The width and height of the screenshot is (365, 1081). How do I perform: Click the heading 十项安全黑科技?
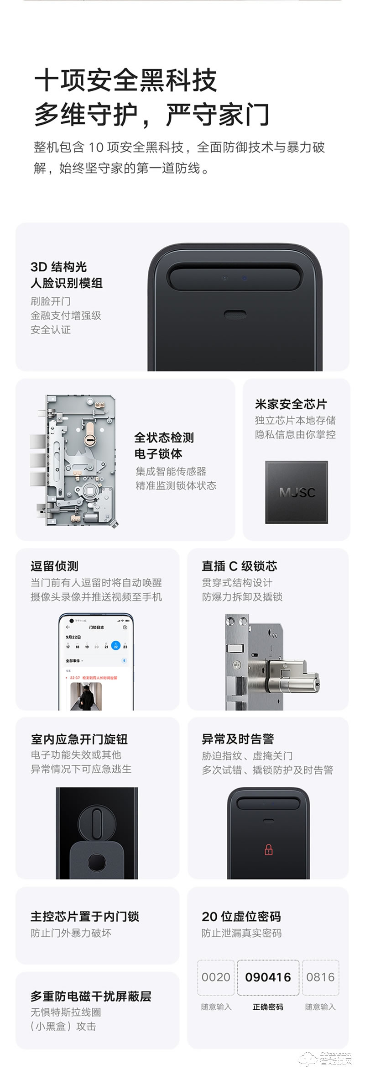pyautogui.click(x=125, y=81)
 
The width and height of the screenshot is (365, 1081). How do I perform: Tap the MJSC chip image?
pyautogui.click(x=297, y=492)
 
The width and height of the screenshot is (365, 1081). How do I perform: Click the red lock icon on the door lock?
pyautogui.click(x=268, y=849)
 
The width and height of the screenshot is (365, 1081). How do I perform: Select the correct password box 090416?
pyautogui.click(x=268, y=977)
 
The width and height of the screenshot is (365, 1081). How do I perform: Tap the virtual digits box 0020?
pyautogui.click(x=216, y=977)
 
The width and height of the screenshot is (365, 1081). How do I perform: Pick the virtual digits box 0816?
pyautogui.click(x=320, y=977)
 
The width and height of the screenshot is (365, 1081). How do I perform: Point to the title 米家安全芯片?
pyautogui.click(x=291, y=404)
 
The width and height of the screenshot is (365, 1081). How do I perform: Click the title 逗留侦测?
pyautogui.click(x=54, y=566)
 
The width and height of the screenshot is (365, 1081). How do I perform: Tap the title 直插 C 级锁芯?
pyautogui.click(x=239, y=566)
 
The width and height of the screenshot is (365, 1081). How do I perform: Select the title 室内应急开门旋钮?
pyautogui.click(x=79, y=739)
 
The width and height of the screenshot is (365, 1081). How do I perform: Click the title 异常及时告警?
pyautogui.click(x=238, y=739)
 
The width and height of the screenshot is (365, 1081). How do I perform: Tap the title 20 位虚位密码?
pyautogui.click(x=241, y=917)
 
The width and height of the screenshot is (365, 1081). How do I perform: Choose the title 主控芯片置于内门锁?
pyautogui.click(x=85, y=917)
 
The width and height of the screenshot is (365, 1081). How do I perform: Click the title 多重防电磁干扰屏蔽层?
pyautogui.click(x=91, y=996)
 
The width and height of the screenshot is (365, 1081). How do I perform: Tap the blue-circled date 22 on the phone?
pyautogui.click(x=115, y=646)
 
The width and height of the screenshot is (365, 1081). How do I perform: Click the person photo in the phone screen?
pyautogui.click(x=86, y=696)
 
